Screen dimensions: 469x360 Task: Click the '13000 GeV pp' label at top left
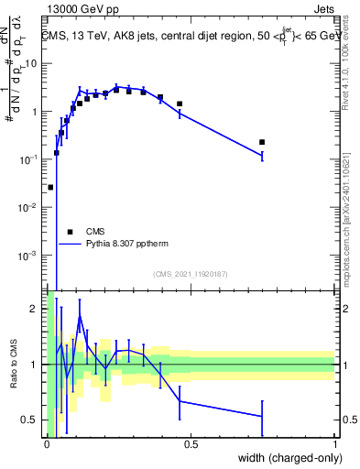tap(82, 10)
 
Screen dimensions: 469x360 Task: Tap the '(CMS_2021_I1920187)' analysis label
tap(191, 274)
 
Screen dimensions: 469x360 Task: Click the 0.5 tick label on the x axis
tap(191, 444)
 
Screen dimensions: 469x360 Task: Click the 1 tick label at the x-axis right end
tap(335, 444)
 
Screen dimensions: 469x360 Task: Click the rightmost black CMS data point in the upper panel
tap(262, 142)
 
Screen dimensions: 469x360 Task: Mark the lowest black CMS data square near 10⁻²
tap(50, 187)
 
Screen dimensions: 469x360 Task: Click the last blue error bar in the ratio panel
tap(262, 416)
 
